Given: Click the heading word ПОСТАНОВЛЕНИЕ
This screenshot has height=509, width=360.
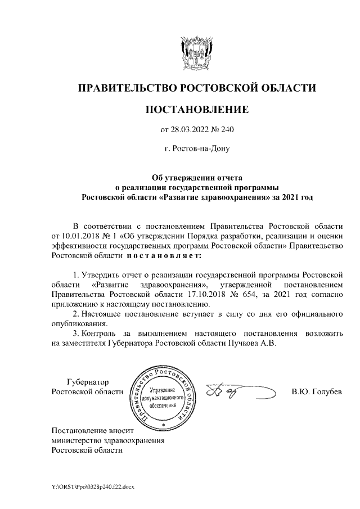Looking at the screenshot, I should (x=196, y=109).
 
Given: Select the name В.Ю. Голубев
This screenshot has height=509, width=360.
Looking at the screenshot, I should (x=317, y=391).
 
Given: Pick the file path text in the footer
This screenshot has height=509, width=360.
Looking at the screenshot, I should (x=93, y=485).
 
